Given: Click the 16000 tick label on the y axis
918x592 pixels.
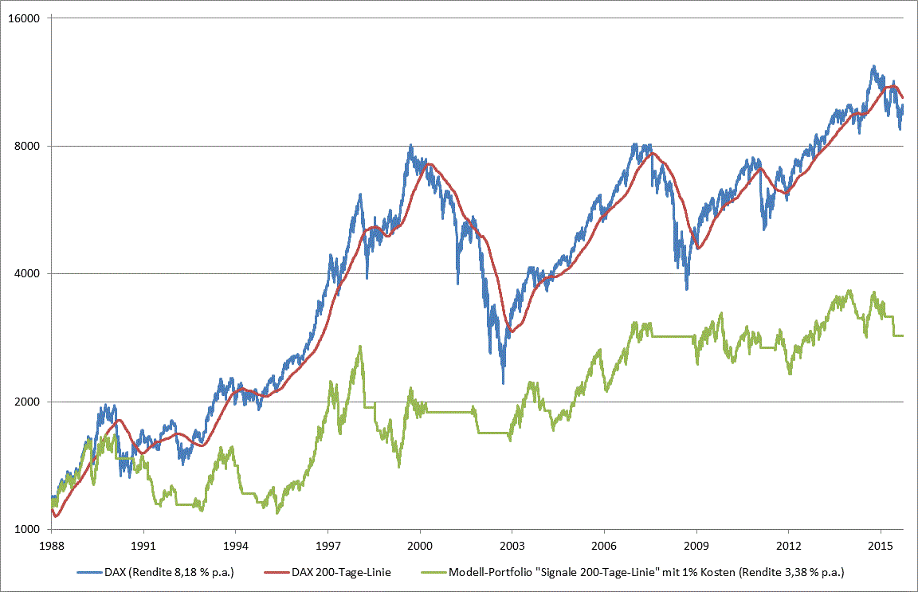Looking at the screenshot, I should point(29,18).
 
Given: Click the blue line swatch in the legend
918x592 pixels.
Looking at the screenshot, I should point(88,572).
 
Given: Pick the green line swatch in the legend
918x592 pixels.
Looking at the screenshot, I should point(435,572).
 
